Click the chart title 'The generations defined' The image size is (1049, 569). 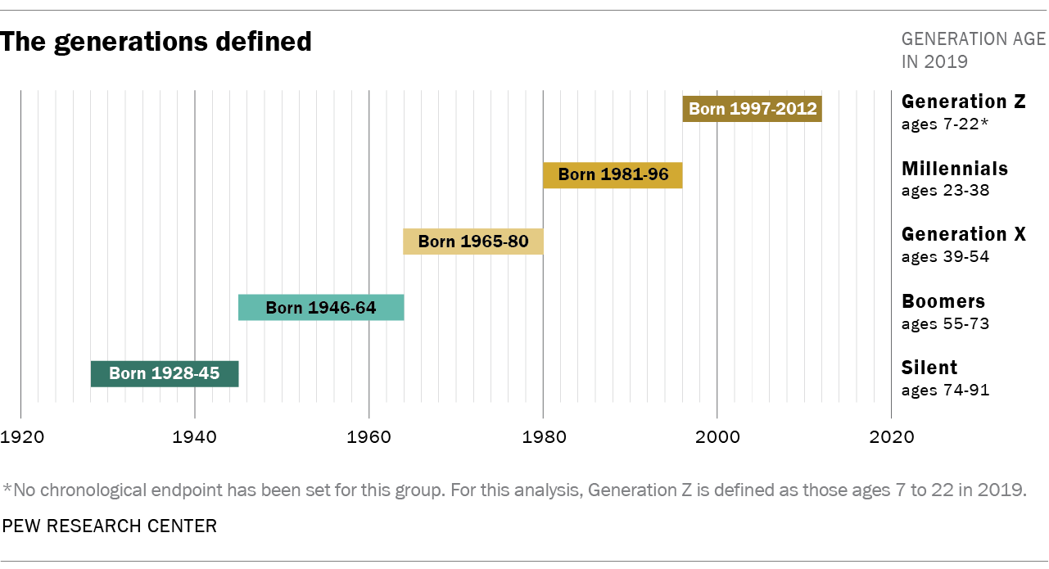click(156, 42)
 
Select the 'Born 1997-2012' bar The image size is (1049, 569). click(752, 109)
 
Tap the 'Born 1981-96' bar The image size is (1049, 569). click(613, 175)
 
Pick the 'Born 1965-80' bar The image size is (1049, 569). click(473, 242)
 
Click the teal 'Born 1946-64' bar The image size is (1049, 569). click(321, 308)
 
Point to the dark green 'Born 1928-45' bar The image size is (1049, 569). click(164, 374)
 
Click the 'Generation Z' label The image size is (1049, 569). click(964, 102)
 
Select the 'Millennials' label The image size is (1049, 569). click(955, 169)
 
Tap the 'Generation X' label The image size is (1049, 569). click(964, 234)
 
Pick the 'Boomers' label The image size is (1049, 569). click(943, 301)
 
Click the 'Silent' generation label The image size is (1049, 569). click(929, 368)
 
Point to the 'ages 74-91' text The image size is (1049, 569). click(945, 391)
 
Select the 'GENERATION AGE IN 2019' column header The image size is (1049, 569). click(973, 50)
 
